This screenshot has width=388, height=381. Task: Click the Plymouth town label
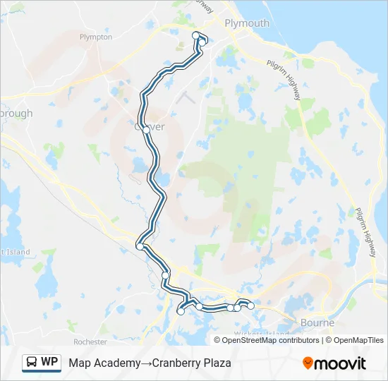[x=246, y=23]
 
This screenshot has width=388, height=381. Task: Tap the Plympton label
[x=96, y=37]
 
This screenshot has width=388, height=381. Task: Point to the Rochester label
[x=90, y=341]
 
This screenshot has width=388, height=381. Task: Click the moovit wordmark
[x=341, y=363]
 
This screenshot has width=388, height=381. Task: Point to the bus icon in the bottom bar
[x=32, y=363]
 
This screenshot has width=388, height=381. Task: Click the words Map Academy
[x=104, y=363]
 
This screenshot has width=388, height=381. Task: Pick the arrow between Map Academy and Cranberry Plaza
[x=145, y=363]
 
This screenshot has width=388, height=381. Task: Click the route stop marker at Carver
[x=146, y=130]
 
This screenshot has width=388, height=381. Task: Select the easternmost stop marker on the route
[x=250, y=306]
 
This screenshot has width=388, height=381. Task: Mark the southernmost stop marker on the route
[x=181, y=312]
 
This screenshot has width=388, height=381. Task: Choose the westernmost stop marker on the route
[x=140, y=246]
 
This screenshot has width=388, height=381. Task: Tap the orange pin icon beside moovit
[x=308, y=363]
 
